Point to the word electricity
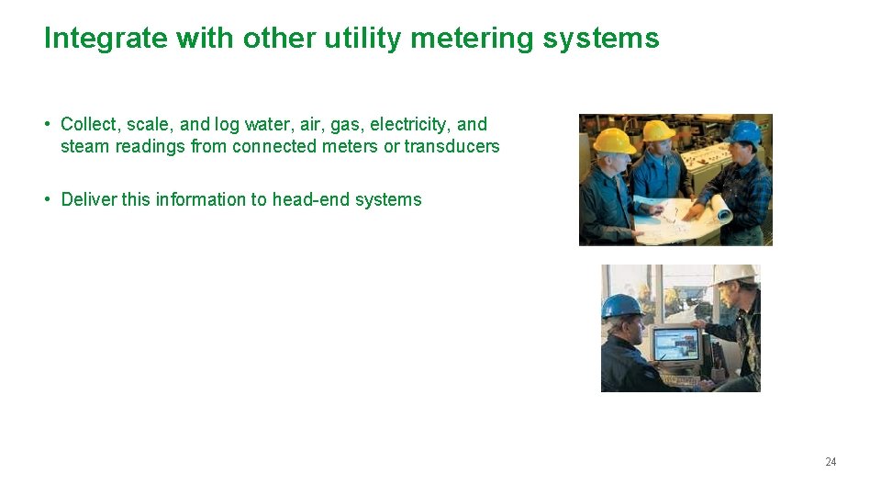(x=410, y=124)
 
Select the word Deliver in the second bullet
(x=88, y=199)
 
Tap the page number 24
(x=831, y=462)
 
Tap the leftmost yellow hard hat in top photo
(x=614, y=140)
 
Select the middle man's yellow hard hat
(x=659, y=130)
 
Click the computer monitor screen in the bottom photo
(x=675, y=344)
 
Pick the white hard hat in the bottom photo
(x=734, y=274)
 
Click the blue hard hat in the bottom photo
(x=620, y=306)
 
